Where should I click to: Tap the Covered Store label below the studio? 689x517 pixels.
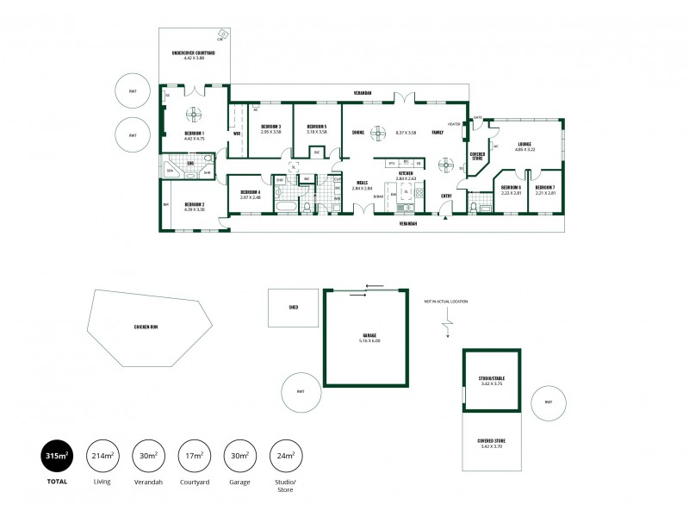click(491, 443)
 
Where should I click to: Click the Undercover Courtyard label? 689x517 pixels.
click(194, 55)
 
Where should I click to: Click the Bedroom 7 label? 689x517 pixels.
click(544, 189)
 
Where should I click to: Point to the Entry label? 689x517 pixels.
click(446, 196)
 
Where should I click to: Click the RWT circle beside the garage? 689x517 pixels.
click(301, 392)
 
